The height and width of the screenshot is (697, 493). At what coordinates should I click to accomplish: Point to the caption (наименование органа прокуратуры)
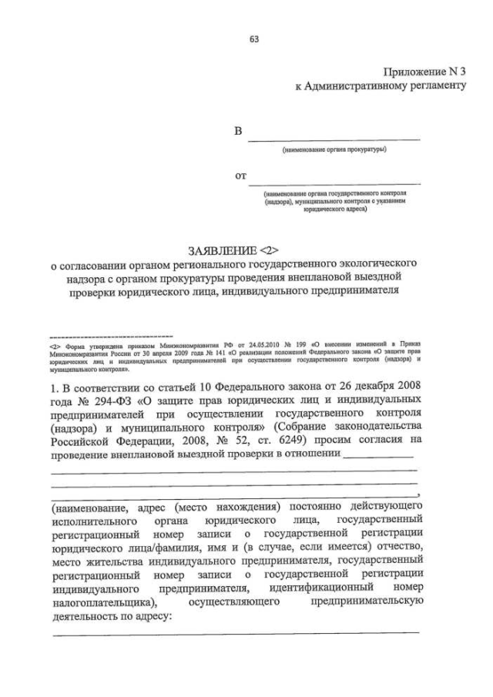[x=334, y=149]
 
